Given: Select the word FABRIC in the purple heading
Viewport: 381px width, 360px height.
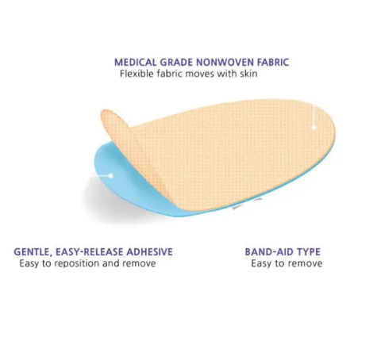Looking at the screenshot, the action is click(273, 63).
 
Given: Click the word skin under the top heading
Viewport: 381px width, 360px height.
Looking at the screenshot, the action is click(248, 74).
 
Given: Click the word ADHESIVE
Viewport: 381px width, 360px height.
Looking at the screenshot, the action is click(149, 251).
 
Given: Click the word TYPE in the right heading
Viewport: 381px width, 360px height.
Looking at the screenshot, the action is click(309, 251).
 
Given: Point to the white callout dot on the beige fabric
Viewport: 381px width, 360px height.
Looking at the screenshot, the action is click(314, 127).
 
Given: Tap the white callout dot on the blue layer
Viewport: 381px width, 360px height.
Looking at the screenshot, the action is click(111, 175).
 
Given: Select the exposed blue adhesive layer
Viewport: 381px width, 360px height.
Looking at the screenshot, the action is click(125, 185).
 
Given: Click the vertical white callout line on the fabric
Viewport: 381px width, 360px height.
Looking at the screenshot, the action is click(314, 115).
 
